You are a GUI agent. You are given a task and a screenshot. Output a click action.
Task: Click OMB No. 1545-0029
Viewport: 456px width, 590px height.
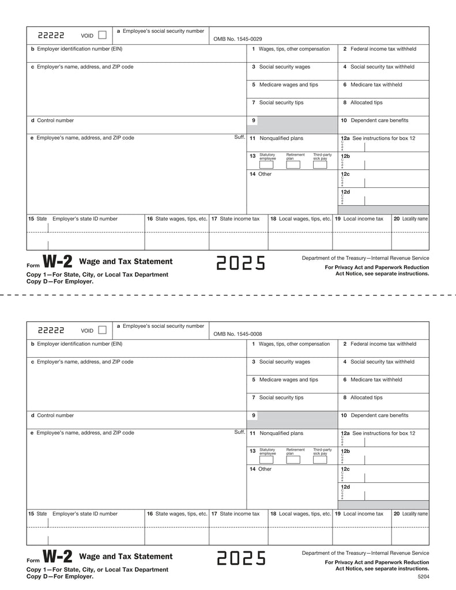pyautogui.click(x=238, y=38)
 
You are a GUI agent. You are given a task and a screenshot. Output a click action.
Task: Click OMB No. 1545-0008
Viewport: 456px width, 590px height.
pyautogui.click(x=238, y=333)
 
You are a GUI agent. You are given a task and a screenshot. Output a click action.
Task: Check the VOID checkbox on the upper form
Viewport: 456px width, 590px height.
pyautogui.click(x=102, y=35)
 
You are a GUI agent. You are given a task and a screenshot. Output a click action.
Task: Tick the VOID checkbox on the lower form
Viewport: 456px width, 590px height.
pyautogui.click(x=102, y=330)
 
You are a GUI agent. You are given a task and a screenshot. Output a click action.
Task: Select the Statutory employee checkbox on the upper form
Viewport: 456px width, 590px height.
pyautogui.click(x=266, y=165)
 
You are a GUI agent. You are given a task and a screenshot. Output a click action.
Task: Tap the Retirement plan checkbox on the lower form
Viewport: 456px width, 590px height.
pyautogui.click(x=293, y=460)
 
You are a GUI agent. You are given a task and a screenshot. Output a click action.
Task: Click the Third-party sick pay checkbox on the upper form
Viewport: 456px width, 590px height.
pyautogui.click(x=320, y=165)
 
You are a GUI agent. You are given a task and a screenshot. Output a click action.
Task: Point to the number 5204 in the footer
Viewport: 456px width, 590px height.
pyautogui.click(x=423, y=576)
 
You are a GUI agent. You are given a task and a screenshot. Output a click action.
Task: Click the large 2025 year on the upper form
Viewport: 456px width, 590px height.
pyautogui.click(x=241, y=263)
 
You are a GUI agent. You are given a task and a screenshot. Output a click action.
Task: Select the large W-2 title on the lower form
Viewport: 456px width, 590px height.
pyautogui.click(x=58, y=557)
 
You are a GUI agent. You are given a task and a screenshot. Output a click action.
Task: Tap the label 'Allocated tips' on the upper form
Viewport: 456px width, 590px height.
pyautogui.click(x=366, y=103)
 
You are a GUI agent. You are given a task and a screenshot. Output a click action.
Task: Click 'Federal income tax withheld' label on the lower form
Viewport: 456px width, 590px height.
pyautogui.click(x=383, y=344)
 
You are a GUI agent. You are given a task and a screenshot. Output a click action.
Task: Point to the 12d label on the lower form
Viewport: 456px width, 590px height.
pyautogui.click(x=345, y=487)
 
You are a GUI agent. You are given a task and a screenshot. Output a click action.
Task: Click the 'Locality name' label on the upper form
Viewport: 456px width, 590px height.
pyautogui.click(x=414, y=219)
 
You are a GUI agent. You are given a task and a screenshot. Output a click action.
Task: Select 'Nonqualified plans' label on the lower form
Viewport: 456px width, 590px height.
pyautogui.click(x=281, y=433)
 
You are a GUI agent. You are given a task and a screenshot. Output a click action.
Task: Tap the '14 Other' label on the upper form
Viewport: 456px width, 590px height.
pyautogui.click(x=261, y=174)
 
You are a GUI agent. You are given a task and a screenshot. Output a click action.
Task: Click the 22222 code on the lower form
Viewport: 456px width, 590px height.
pyautogui.click(x=51, y=331)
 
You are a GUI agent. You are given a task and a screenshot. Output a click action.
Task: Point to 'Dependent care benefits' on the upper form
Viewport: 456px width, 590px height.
pyautogui.click(x=379, y=120)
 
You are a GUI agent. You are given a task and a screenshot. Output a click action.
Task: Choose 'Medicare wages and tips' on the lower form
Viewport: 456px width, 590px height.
pyautogui.click(x=288, y=380)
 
